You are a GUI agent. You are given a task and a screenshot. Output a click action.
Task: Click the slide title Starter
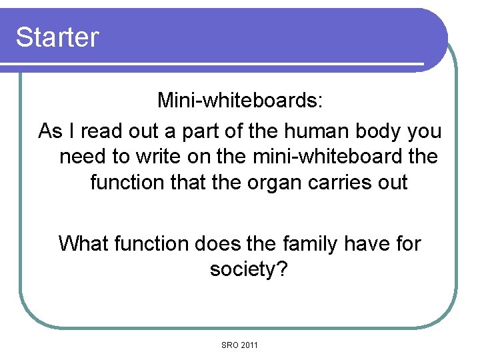[x=57, y=37]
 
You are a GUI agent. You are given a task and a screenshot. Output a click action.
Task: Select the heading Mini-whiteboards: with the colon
[x=240, y=101]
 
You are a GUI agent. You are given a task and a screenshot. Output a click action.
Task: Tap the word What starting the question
[x=85, y=243]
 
